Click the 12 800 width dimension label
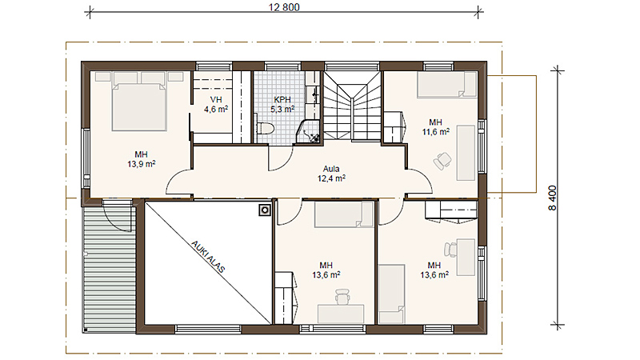tap(284, 7)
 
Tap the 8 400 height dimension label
tap(552, 198)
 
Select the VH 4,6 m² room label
tap(216, 105)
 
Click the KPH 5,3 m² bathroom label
tap(282, 105)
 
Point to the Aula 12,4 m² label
tap(331, 174)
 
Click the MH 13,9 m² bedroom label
tap(142, 159)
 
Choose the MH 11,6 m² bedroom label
tap(435, 127)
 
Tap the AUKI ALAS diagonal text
tap(208, 257)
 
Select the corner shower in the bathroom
tap(309, 132)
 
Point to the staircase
tap(352, 107)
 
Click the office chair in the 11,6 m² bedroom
tap(443, 162)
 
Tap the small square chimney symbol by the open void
tap(265, 210)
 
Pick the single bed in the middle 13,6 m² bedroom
tap(344, 214)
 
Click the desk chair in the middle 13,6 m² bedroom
tap(342, 296)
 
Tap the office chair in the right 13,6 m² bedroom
tap(450, 250)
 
